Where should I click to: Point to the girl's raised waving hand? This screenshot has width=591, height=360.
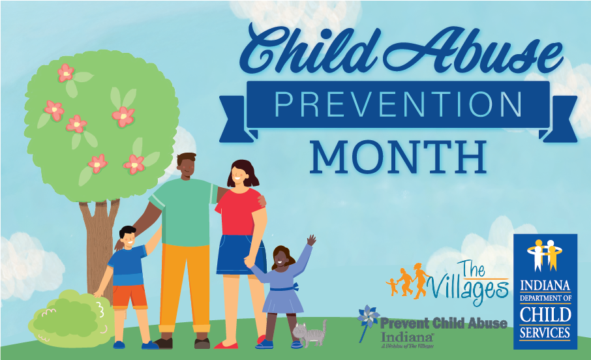[x=311, y=241]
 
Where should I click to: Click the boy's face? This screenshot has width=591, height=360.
[x=128, y=239]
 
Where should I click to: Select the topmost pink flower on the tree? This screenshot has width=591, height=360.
[x=65, y=72]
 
